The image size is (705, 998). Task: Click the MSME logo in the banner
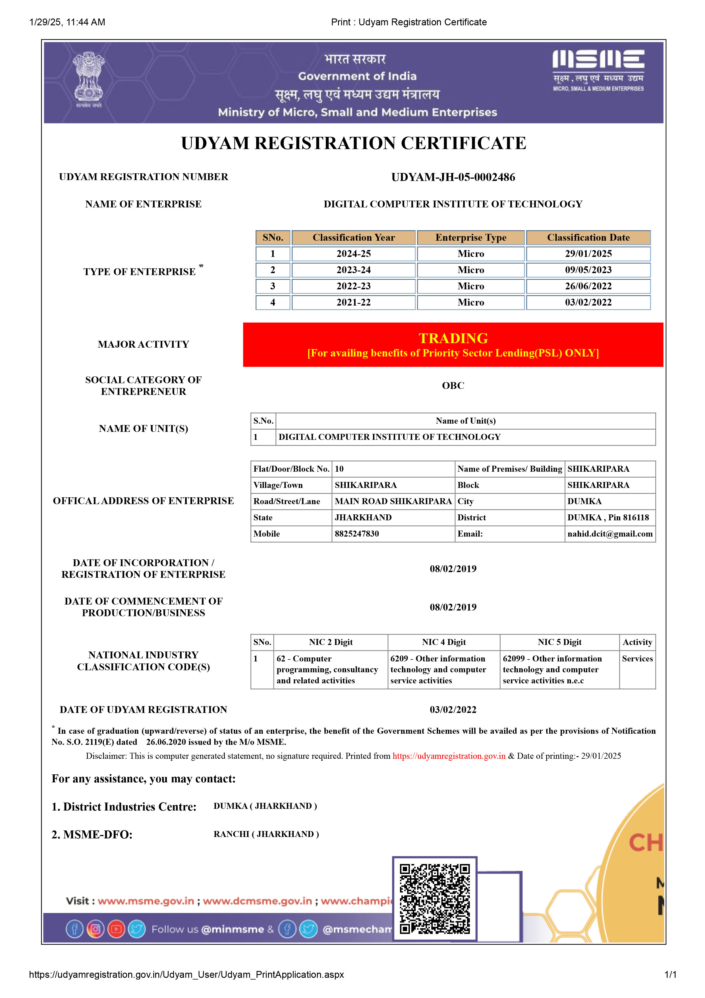tap(598, 69)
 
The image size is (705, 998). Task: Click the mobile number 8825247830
tap(357, 534)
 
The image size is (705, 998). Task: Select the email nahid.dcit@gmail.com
tap(609, 534)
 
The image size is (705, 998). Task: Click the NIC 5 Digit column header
tap(559, 642)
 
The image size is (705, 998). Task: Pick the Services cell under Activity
tap(637, 659)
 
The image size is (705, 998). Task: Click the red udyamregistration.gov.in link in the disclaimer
tap(449, 756)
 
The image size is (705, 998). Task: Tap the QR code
tap(434, 898)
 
